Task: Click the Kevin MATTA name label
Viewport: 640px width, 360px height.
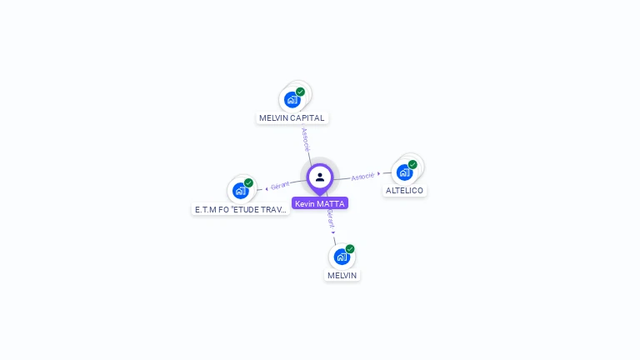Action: pyautogui.click(x=319, y=203)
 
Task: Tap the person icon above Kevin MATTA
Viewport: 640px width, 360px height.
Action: pyautogui.click(x=320, y=177)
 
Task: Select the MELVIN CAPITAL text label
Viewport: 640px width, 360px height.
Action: pyautogui.click(x=292, y=118)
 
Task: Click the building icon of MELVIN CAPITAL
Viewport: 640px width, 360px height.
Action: pyautogui.click(x=292, y=100)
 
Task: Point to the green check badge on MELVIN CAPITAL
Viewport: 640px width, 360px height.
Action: pyautogui.click(x=300, y=92)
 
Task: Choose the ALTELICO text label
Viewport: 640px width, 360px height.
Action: pyautogui.click(x=404, y=191)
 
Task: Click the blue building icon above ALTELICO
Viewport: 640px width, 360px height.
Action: pyautogui.click(x=404, y=172)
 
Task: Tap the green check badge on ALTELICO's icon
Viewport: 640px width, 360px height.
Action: pyautogui.click(x=412, y=164)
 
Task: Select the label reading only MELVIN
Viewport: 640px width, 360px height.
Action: pyautogui.click(x=342, y=275)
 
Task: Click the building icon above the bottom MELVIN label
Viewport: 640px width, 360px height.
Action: pyautogui.click(x=342, y=257)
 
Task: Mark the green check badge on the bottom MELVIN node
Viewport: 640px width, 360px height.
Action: pyautogui.click(x=350, y=248)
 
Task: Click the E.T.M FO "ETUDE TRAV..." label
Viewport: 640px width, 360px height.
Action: pyautogui.click(x=241, y=210)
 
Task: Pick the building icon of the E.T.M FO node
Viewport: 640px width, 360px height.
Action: pyautogui.click(x=240, y=191)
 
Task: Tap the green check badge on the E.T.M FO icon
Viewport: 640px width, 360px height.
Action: pyautogui.click(x=248, y=182)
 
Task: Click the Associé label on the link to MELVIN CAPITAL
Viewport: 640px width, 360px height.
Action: pyautogui.click(x=306, y=138)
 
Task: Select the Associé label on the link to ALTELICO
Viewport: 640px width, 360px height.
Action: pyautogui.click(x=362, y=177)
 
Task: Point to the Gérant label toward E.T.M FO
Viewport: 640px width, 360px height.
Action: pyautogui.click(x=280, y=185)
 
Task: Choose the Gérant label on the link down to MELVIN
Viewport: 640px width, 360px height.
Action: pyautogui.click(x=330, y=218)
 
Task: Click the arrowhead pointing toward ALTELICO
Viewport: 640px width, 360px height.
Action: pyautogui.click(x=379, y=174)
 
